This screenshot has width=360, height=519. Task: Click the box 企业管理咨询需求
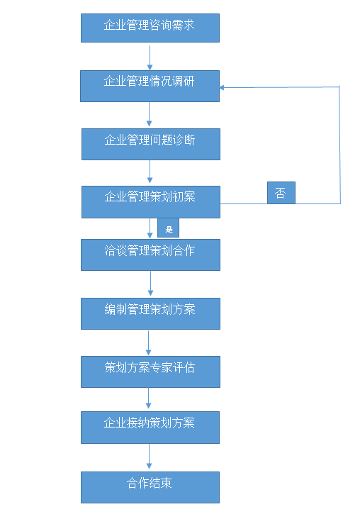click(150, 28)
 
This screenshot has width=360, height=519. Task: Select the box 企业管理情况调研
click(150, 86)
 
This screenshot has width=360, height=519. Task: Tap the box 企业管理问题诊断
click(151, 145)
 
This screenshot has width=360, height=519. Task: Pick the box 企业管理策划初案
click(151, 202)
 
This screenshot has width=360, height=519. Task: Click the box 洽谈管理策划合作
click(150, 255)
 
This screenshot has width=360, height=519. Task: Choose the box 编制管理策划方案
click(150, 314)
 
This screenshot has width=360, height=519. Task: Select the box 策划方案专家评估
click(150, 372)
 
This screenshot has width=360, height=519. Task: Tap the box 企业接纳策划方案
click(150, 428)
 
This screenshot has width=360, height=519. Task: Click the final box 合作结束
click(150, 488)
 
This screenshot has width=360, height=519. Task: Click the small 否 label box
click(281, 193)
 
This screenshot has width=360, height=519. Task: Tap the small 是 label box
click(168, 228)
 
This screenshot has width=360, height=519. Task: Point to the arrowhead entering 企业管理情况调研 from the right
click(222, 88)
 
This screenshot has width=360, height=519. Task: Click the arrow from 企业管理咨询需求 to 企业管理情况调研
click(150, 57)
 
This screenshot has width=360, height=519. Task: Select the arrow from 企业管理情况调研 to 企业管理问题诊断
click(150, 114)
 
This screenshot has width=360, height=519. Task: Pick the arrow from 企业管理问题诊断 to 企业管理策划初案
click(150, 172)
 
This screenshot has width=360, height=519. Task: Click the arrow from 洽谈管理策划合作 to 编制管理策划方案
click(150, 284)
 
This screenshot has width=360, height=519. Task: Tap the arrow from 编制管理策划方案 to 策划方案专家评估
click(149, 342)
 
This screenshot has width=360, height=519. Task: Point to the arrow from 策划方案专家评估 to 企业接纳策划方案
click(149, 398)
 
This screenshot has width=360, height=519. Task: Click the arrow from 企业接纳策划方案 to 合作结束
click(150, 457)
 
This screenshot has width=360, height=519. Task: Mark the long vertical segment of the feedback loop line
click(340, 145)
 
